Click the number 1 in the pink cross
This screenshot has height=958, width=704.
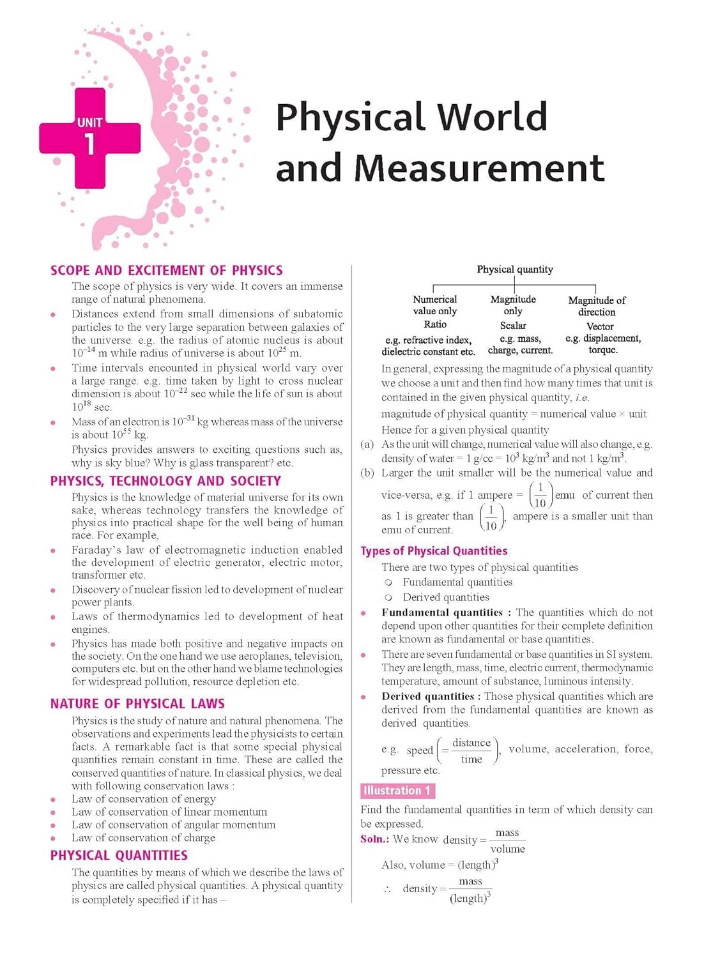(x=89, y=144)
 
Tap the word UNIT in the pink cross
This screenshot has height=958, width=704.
(x=89, y=122)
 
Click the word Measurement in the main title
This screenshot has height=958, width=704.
(x=479, y=168)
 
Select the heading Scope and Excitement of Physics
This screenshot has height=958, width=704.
(x=166, y=270)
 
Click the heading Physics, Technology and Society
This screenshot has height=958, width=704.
(x=165, y=481)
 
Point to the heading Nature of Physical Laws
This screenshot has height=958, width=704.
(x=137, y=704)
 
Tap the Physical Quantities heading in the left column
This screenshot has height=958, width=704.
(x=119, y=855)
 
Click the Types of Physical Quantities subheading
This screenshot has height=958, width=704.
(x=434, y=551)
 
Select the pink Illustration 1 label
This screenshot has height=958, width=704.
(x=397, y=791)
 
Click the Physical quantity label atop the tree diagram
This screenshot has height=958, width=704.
(x=515, y=270)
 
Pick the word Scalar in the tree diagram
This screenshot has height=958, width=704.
(x=513, y=325)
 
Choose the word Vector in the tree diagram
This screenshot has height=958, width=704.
(x=600, y=326)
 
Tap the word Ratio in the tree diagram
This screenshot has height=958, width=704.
(x=435, y=324)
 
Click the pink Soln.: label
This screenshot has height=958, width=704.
(x=374, y=839)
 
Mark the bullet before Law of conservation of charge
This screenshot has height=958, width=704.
(x=54, y=838)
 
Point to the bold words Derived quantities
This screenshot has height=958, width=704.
(x=427, y=696)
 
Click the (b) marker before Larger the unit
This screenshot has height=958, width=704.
(x=367, y=473)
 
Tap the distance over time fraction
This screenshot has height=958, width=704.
(x=471, y=750)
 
